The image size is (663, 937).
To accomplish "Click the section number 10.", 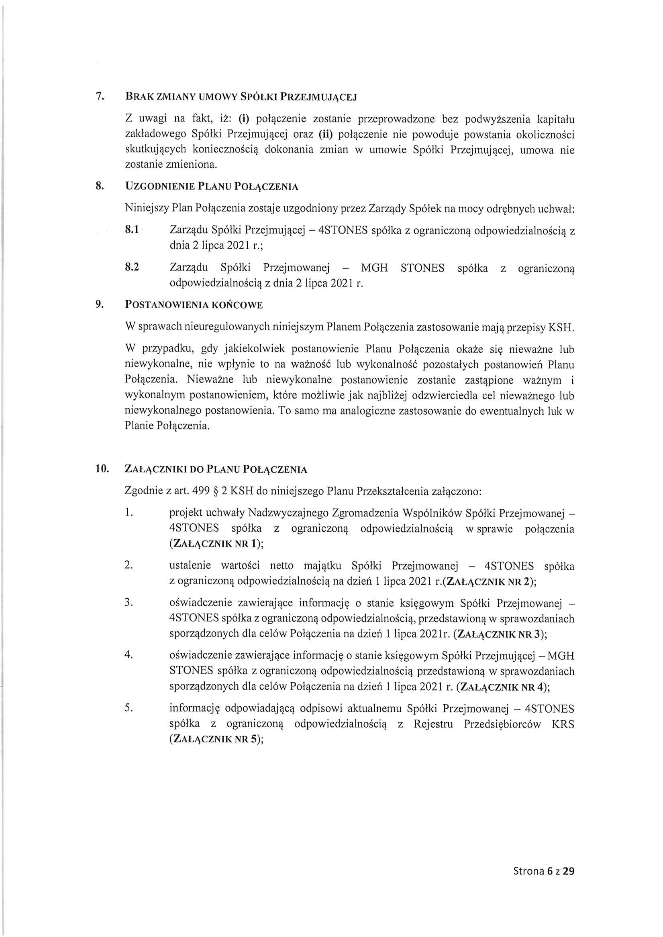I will pos(102,469).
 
